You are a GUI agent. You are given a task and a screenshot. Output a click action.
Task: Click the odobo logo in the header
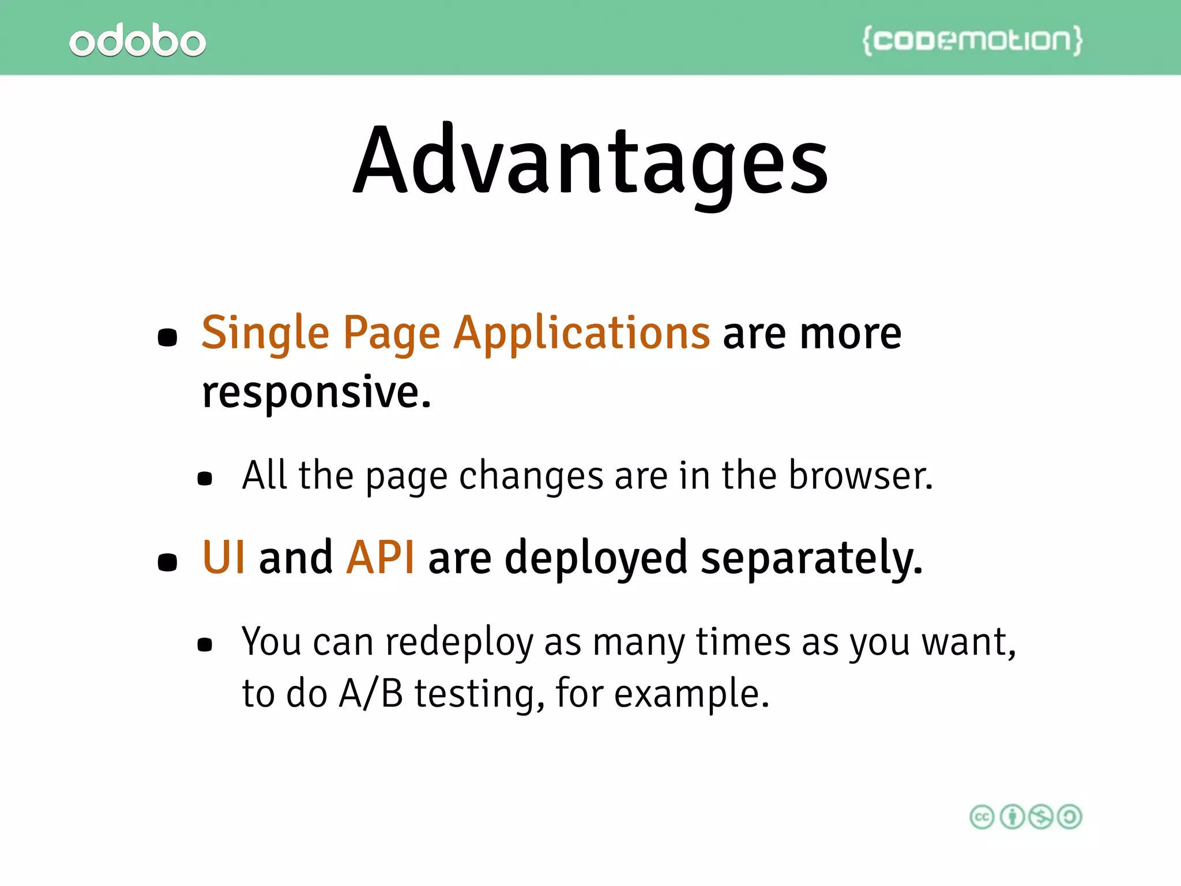click(x=137, y=40)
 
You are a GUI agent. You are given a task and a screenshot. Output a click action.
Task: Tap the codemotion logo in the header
click(x=972, y=40)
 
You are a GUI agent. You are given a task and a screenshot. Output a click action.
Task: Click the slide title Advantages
click(x=590, y=162)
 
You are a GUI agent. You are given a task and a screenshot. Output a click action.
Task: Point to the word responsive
click(x=316, y=392)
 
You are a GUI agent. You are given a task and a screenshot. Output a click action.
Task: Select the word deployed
click(x=596, y=558)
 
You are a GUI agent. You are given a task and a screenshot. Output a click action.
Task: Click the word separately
click(x=812, y=558)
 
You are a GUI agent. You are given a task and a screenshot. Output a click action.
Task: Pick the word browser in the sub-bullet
click(x=860, y=476)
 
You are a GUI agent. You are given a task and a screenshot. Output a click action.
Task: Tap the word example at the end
click(x=691, y=694)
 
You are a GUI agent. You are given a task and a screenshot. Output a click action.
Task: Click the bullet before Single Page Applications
click(x=167, y=337)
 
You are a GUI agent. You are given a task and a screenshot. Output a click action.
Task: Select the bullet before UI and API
click(x=167, y=562)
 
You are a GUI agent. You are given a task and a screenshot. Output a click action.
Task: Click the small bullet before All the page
click(x=205, y=478)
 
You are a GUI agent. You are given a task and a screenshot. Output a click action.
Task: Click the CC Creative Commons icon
click(x=982, y=817)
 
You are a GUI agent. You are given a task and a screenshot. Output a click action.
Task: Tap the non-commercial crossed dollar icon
click(x=1041, y=817)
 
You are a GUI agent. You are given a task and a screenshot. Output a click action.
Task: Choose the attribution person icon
click(x=1011, y=817)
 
